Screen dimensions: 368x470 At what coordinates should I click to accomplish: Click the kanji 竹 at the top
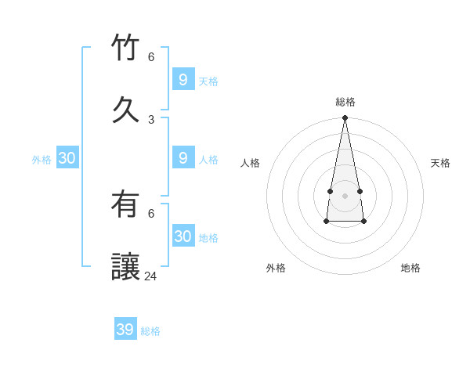[126, 48]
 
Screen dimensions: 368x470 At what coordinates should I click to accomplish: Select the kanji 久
[126, 110]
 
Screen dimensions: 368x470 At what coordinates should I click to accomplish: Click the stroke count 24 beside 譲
[150, 276]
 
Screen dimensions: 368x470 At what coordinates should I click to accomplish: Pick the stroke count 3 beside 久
[151, 119]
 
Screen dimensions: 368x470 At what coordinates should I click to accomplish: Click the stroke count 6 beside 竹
[151, 56]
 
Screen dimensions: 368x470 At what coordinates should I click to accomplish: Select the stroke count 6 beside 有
[151, 213]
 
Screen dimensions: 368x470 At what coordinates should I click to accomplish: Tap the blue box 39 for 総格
[125, 330]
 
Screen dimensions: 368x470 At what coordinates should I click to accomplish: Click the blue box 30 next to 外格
[67, 158]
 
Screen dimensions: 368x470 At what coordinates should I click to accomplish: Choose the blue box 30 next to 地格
[183, 236]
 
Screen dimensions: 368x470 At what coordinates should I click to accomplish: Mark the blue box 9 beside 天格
[183, 79]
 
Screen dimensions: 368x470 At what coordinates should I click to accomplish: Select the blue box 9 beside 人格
[183, 157]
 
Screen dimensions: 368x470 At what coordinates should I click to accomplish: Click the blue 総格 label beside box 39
[151, 331]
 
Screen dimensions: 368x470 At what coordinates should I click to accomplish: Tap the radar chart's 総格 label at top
[345, 102]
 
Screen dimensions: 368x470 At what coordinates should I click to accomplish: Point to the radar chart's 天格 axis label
[440, 163]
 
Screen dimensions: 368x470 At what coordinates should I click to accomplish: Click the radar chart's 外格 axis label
[276, 268]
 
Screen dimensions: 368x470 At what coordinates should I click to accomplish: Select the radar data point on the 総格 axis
[345, 117]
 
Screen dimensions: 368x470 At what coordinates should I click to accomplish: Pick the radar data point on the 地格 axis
[364, 222]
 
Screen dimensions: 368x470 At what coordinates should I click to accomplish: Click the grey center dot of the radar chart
[345, 196]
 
